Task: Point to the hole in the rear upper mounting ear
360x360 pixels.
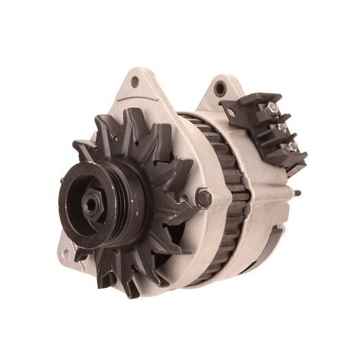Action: coord(220,89)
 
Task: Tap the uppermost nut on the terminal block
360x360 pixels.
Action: coord(273,109)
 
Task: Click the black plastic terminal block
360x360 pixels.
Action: coord(267,128)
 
